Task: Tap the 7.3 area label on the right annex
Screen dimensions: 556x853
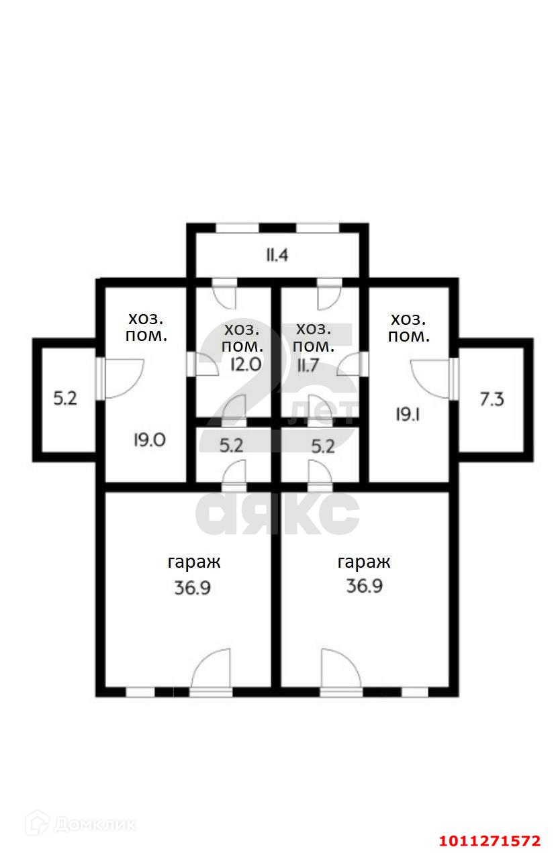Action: point(492,400)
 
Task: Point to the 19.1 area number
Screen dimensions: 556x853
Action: point(407,414)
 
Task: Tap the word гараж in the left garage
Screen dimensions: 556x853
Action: point(193,562)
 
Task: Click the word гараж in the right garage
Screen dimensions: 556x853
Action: point(364,562)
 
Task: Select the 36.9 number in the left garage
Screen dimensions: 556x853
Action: point(193,588)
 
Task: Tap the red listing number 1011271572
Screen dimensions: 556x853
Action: point(490,841)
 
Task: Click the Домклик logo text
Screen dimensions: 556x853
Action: point(93,824)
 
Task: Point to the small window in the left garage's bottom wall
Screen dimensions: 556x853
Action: point(140,691)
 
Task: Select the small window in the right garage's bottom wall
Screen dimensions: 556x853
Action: point(414,691)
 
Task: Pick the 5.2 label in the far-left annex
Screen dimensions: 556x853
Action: point(65,399)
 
